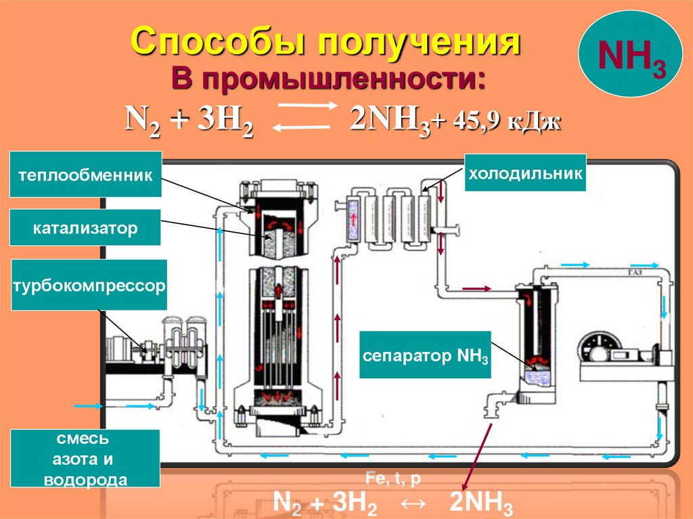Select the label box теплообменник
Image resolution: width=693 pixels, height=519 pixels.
point(86,175)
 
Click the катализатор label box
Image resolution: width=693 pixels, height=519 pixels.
point(85,227)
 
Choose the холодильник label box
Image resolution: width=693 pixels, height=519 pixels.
point(523,173)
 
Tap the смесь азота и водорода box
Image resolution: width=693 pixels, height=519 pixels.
point(85,459)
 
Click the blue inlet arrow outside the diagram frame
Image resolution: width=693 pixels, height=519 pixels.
point(88,406)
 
